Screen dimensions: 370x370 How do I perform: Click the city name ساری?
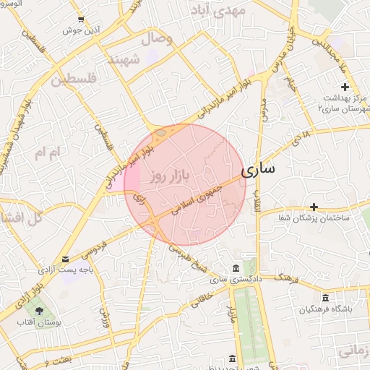click(x=257, y=171)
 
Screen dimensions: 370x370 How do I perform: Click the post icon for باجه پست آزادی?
click(x=66, y=259)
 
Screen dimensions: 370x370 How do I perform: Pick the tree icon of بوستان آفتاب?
click(x=38, y=311)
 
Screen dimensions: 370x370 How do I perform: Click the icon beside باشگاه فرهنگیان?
click(x=325, y=298)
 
